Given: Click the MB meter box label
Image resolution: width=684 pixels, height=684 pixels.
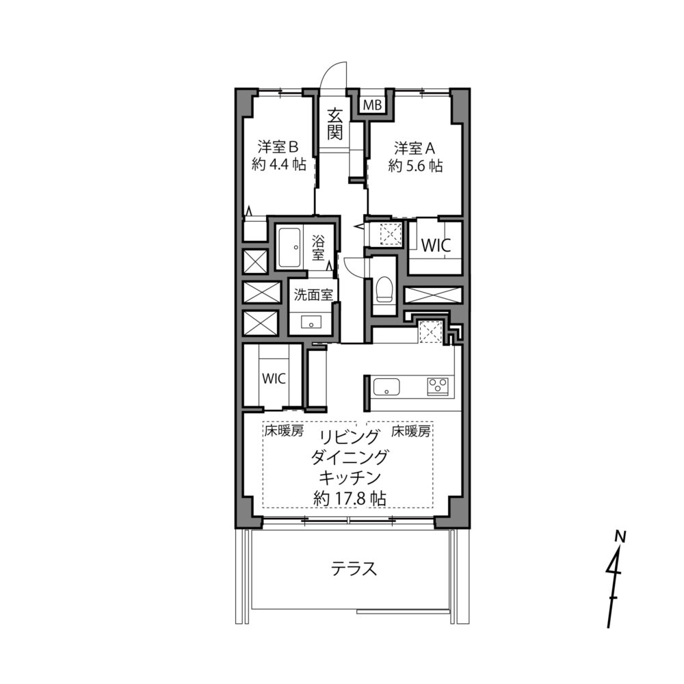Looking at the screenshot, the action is pyautogui.click(x=373, y=105).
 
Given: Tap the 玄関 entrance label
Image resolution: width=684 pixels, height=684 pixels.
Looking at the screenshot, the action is pyautogui.click(x=334, y=124).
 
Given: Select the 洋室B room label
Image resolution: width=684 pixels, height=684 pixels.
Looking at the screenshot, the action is pyautogui.click(x=278, y=147).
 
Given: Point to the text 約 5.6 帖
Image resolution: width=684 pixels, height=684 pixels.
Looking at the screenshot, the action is pyautogui.click(x=415, y=166).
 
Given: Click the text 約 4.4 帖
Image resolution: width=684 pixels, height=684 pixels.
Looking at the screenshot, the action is pyautogui.click(x=279, y=164).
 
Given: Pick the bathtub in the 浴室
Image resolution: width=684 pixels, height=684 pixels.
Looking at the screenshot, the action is pyautogui.click(x=291, y=248).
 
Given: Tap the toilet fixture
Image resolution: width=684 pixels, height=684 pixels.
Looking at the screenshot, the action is pyautogui.click(x=384, y=289).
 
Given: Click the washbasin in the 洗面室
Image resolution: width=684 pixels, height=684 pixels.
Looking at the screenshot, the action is pyautogui.click(x=311, y=322).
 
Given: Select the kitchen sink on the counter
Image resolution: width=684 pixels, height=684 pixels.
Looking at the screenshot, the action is pyautogui.click(x=386, y=387).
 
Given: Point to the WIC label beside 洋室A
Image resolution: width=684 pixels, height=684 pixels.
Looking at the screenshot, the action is pyautogui.click(x=435, y=246).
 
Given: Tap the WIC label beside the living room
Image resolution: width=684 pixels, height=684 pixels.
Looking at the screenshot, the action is pyautogui.click(x=274, y=379).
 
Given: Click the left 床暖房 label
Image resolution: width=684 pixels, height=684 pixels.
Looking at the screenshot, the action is pyautogui.click(x=284, y=432).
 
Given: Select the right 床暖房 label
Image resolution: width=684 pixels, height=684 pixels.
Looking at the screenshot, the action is pyautogui.click(x=411, y=432).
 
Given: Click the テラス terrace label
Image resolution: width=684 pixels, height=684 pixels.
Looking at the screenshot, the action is pyautogui.click(x=354, y=569).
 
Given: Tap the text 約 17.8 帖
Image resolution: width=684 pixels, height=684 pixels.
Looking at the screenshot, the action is pyautogui.click(x=350, y=498).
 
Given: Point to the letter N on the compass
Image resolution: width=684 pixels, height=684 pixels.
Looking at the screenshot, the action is pyautogui.click(x=620, y=536).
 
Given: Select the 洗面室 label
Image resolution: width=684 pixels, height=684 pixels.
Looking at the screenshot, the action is pyautogui.click(x=313, y=295).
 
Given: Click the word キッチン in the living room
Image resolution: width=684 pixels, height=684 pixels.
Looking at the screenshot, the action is pyautogui.click(x=350, y=477).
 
